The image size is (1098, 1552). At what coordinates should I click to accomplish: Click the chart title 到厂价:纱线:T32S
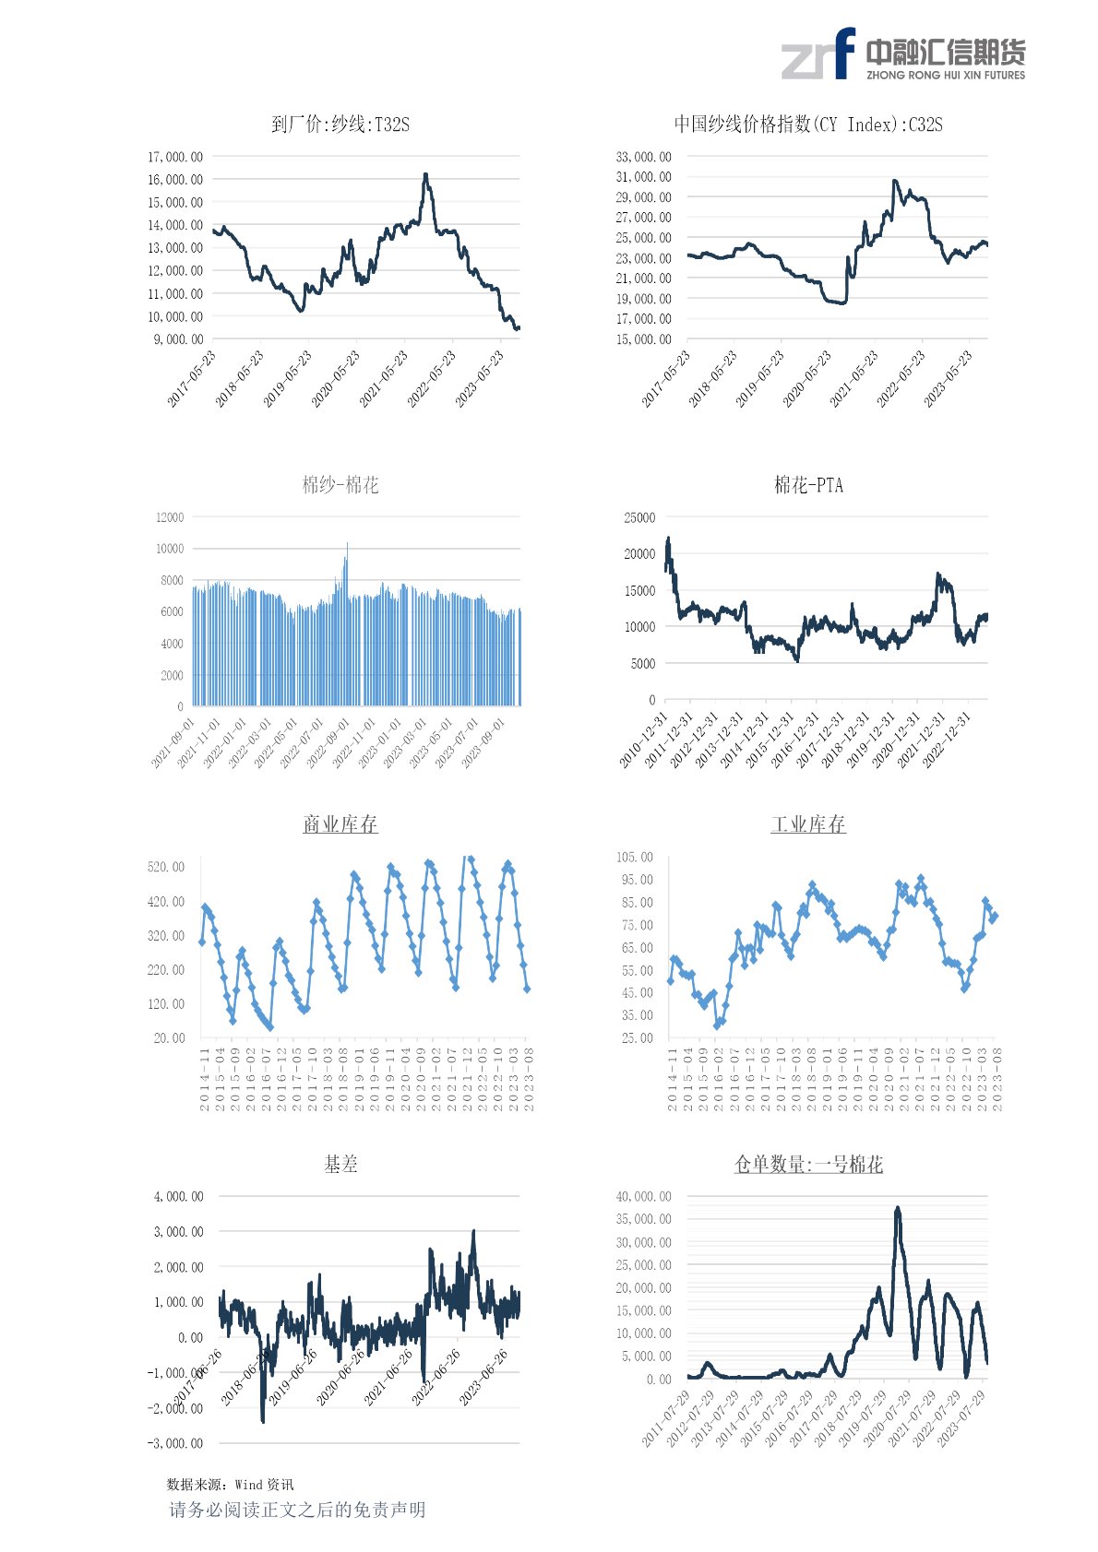pyautogui.click(x=340, y=124)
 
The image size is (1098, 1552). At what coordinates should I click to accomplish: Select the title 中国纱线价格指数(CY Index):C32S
pyautogui.click(x=807, y=124)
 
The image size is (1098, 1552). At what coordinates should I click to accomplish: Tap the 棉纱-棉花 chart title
pyautogui.click(x=340, y=485)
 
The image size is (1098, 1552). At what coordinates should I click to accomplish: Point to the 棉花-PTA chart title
pyautogui.click(x=808, y=485)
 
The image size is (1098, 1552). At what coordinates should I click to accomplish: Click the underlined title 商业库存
pyautogui.click(x=340, y=824)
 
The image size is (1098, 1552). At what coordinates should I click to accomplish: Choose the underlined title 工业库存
pyautogui.click(x=808, y=824)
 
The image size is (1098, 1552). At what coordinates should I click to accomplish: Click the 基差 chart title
pyautogui.click(x=340, y=1165)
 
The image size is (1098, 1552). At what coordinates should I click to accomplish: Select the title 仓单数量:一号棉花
pyautogui.click(x=808, y=1165)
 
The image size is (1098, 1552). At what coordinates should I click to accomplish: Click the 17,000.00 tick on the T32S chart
pyautogui.click(x=175, y=157)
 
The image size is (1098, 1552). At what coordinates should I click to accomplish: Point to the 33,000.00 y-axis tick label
pyautogui.click(x=644, y=157)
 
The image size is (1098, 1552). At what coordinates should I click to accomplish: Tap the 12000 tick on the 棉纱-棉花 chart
pyautogui.click(x=170, y=517)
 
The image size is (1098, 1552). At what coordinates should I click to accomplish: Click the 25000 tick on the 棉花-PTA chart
pyautogui.click(x=639, y=517)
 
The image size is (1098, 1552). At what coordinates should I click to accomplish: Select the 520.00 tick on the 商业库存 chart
pyautogui.click(x=166, y=867)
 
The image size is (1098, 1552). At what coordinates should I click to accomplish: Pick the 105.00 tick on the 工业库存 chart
pyautogui.click(x=635, y=858)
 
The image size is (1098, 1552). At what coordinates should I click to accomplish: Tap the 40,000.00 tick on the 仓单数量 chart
pyautogui.click(x=644, y=1197)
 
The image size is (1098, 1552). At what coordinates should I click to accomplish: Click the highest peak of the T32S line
pyautogui.click(x=425, y=174)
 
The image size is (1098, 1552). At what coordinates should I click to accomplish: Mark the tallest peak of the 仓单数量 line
pyautogui.click(x=897, y=1208)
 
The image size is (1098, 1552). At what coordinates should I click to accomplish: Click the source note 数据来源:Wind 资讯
pyautogui.click(x=230, y=1484)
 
